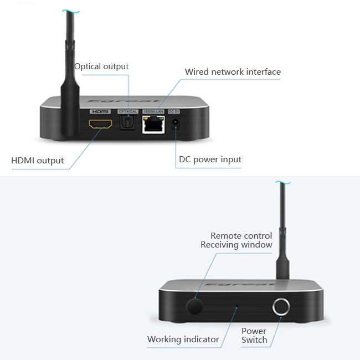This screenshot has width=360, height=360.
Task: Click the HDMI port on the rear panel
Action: [100, 125]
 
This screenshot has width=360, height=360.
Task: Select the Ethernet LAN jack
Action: [152, 125]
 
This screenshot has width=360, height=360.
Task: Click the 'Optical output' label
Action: [101, 66]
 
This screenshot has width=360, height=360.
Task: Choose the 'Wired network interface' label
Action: [233, 72]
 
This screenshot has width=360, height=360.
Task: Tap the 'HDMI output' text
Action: [38, 161]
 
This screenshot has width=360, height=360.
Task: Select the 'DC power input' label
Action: [210, 160]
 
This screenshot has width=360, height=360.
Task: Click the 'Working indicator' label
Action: [183, 339]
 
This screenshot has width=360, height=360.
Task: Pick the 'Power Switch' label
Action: [254, 336]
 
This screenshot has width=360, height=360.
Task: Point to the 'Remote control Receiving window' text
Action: [236, 240]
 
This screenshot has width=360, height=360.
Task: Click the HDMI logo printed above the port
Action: [100, 111]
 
